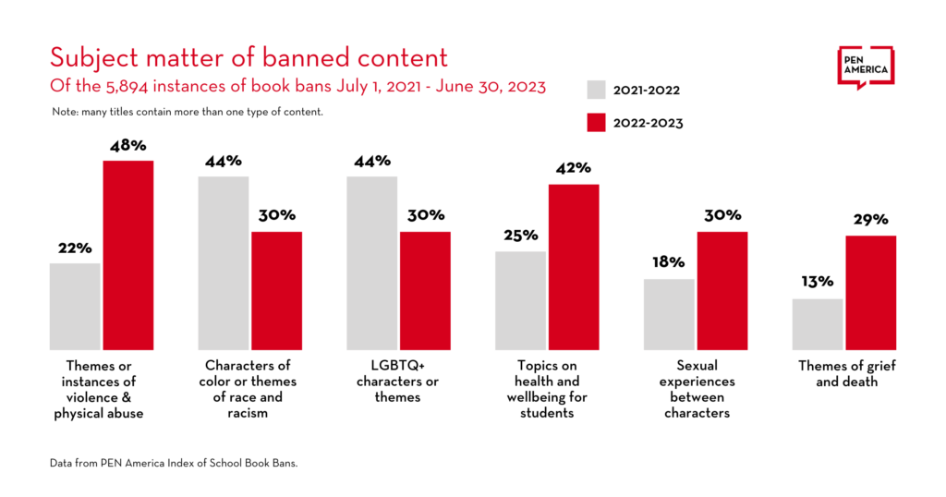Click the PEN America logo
pos(866,67)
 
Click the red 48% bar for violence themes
pos(127,255)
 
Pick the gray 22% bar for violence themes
pos(75,306)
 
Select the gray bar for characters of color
pos(224,262)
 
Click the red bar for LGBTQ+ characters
pos(425,290)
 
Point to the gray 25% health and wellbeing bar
pos(520,300)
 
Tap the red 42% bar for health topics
pos(574,267)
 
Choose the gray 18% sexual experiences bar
pos(669,314)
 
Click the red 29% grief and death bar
pos(870,293)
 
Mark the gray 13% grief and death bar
pos(818,323)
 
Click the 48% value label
pos(127,145)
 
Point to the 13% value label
pos(818,282)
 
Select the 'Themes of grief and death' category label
pos(846,373)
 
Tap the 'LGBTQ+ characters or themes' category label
pos(399,382)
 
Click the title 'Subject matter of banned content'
pos(249,57)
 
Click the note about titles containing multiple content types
pos(187,112)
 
